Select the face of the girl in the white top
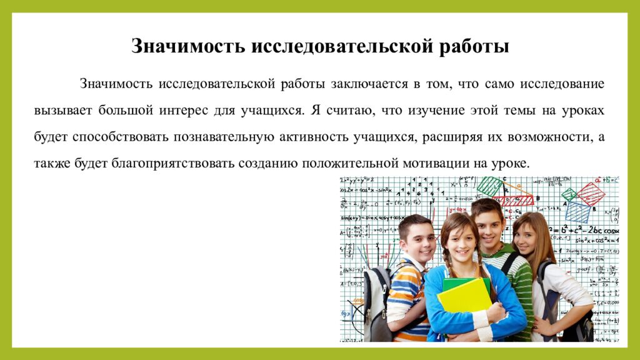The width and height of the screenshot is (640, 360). (x=526, y=237)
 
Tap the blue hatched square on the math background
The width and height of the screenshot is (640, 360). (x=577, y=212)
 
